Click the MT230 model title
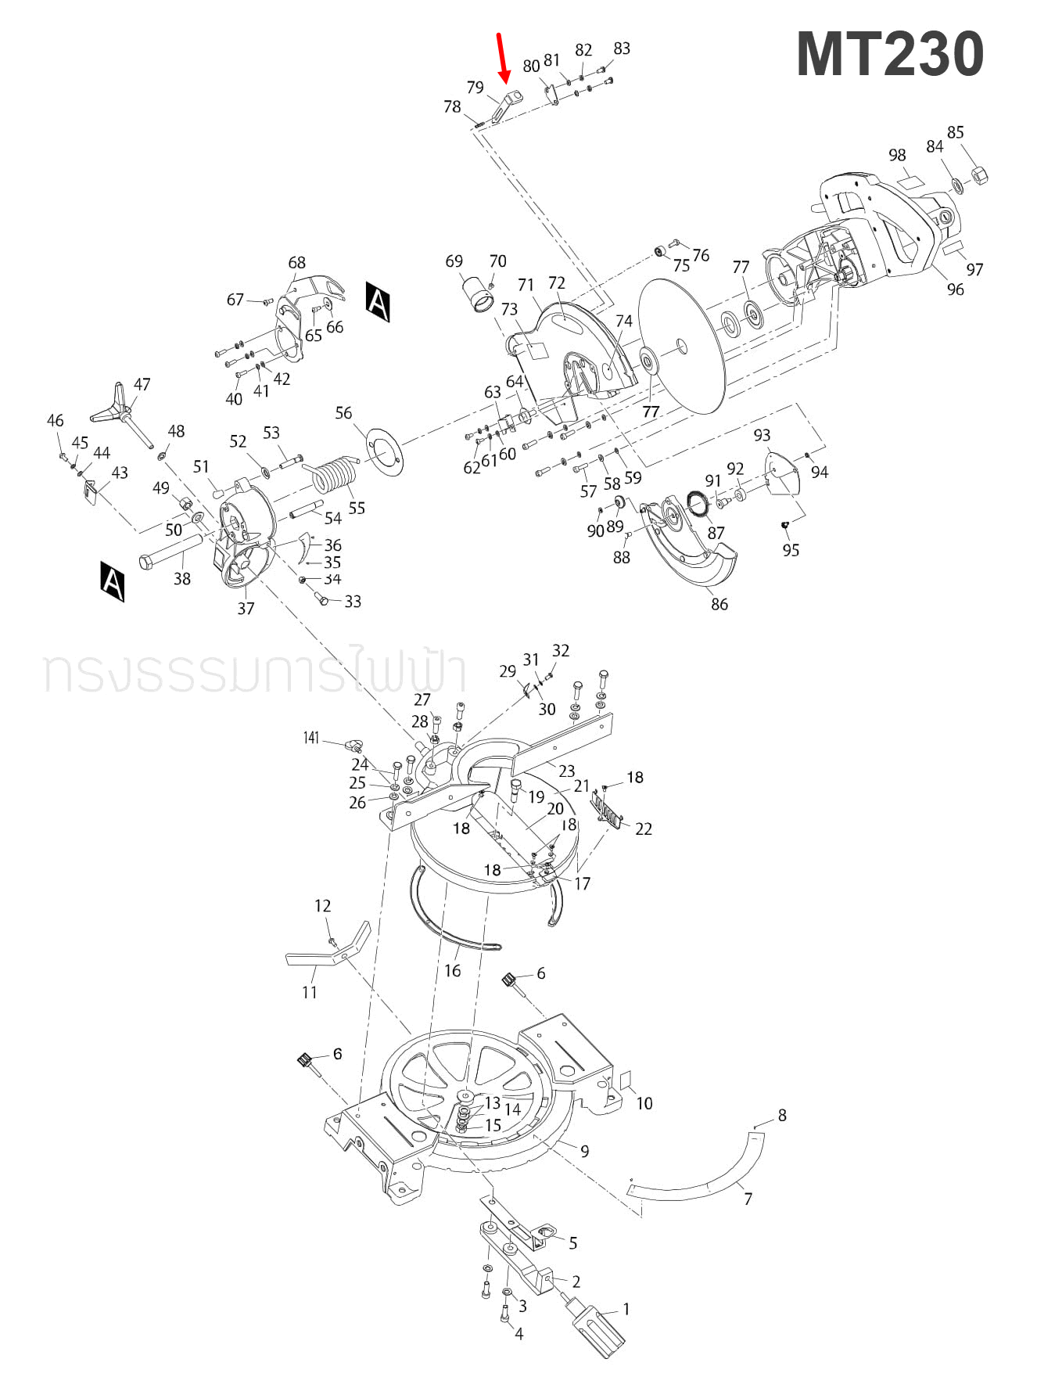click(x=889, y=55)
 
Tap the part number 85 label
click(x=955, y=132)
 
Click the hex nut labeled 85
click(x=978, y=174)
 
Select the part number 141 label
click(x=311, y=738)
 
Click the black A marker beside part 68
click(x=378, y=302)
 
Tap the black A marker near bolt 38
click(x=113, y=581)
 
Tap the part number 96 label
click(x=955, y=289)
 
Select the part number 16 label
click(x=452, y=971)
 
